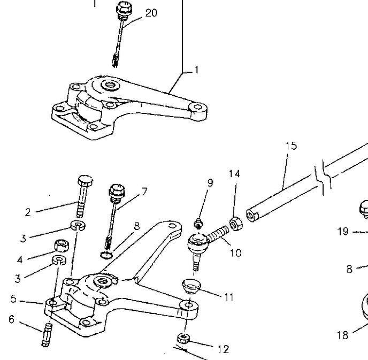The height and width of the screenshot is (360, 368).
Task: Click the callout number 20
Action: click(151, 12)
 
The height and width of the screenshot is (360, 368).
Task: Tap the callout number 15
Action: click(290, 145)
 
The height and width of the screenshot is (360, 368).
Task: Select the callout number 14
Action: click(234, 173)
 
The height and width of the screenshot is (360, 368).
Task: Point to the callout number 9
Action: click(210, 182)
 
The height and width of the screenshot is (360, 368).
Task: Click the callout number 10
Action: click(235, 252)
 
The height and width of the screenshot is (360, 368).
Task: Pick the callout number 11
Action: click(229, 297)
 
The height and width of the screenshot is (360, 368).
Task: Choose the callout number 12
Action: click(223, 349)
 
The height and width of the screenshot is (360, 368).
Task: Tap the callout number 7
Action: click(144, 191)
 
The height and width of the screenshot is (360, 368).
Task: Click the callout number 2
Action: click(28, 212)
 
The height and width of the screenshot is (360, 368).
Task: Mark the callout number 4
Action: click(20, 260)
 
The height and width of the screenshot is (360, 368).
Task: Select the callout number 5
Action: click(13, 300)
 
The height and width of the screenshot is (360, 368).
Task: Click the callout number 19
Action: click(343, 232)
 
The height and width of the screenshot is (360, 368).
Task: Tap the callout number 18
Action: click(342, 335)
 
